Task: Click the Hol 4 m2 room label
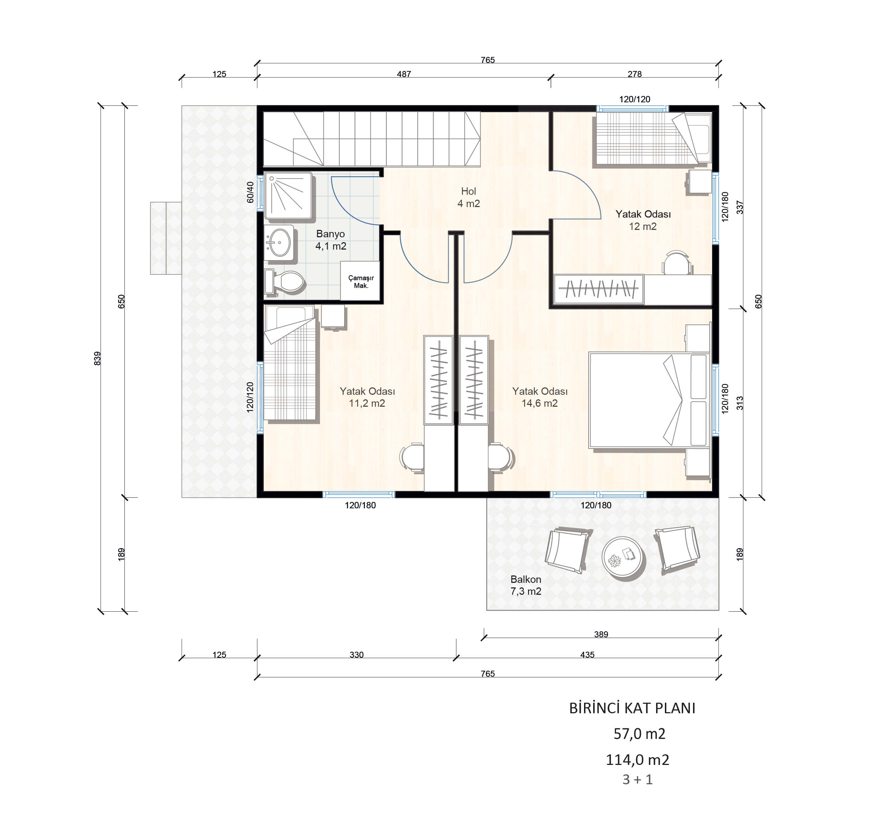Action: [468, 197]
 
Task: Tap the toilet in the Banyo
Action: [285, 282]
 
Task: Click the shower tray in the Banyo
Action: [288, 195]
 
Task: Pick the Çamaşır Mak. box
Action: [360, 281]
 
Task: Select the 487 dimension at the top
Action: [404, 74]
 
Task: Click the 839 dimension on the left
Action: [97, 358]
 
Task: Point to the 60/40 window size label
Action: [250, 192]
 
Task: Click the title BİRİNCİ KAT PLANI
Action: [632, 708]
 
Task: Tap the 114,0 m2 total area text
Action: [637, 760]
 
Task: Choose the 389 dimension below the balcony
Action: [601, 634]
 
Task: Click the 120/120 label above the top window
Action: [635, 99]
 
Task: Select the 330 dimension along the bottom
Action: [357, 655]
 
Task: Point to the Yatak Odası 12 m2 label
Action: [643, 220]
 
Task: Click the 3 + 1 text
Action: [638, 779]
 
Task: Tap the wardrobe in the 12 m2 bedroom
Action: [599, 289]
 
